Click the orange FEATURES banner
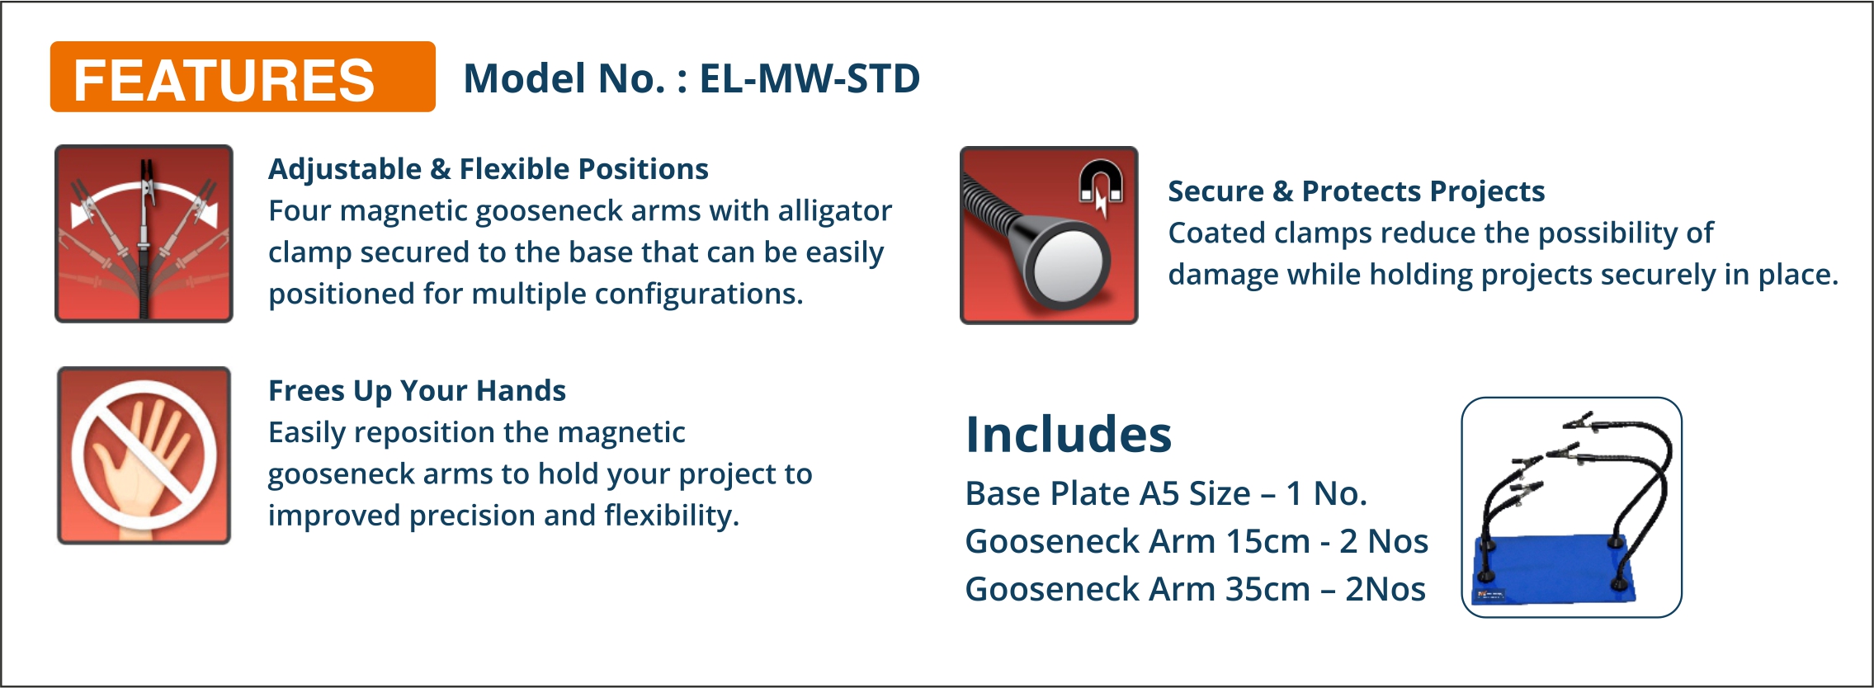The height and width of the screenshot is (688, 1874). [243, 77]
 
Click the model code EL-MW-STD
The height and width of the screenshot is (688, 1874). [810, 79]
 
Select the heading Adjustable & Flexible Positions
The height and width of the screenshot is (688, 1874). [489, 169]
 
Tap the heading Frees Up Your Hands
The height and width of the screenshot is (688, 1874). [417, 391]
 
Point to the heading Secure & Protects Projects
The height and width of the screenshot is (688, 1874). [1357, 191]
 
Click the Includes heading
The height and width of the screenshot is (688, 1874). [1069, 435]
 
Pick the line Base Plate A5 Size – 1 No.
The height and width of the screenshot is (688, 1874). [1166, 494]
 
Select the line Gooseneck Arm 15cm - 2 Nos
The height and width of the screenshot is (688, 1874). [1197, 542]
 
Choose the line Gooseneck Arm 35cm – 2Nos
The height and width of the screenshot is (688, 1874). [1196, 590]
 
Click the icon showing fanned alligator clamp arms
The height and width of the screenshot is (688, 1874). [144, 234]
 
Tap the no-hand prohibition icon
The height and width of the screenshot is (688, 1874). [144, 455]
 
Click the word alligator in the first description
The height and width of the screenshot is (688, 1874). [835, 212]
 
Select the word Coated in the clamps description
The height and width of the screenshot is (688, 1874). [1217, 233]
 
